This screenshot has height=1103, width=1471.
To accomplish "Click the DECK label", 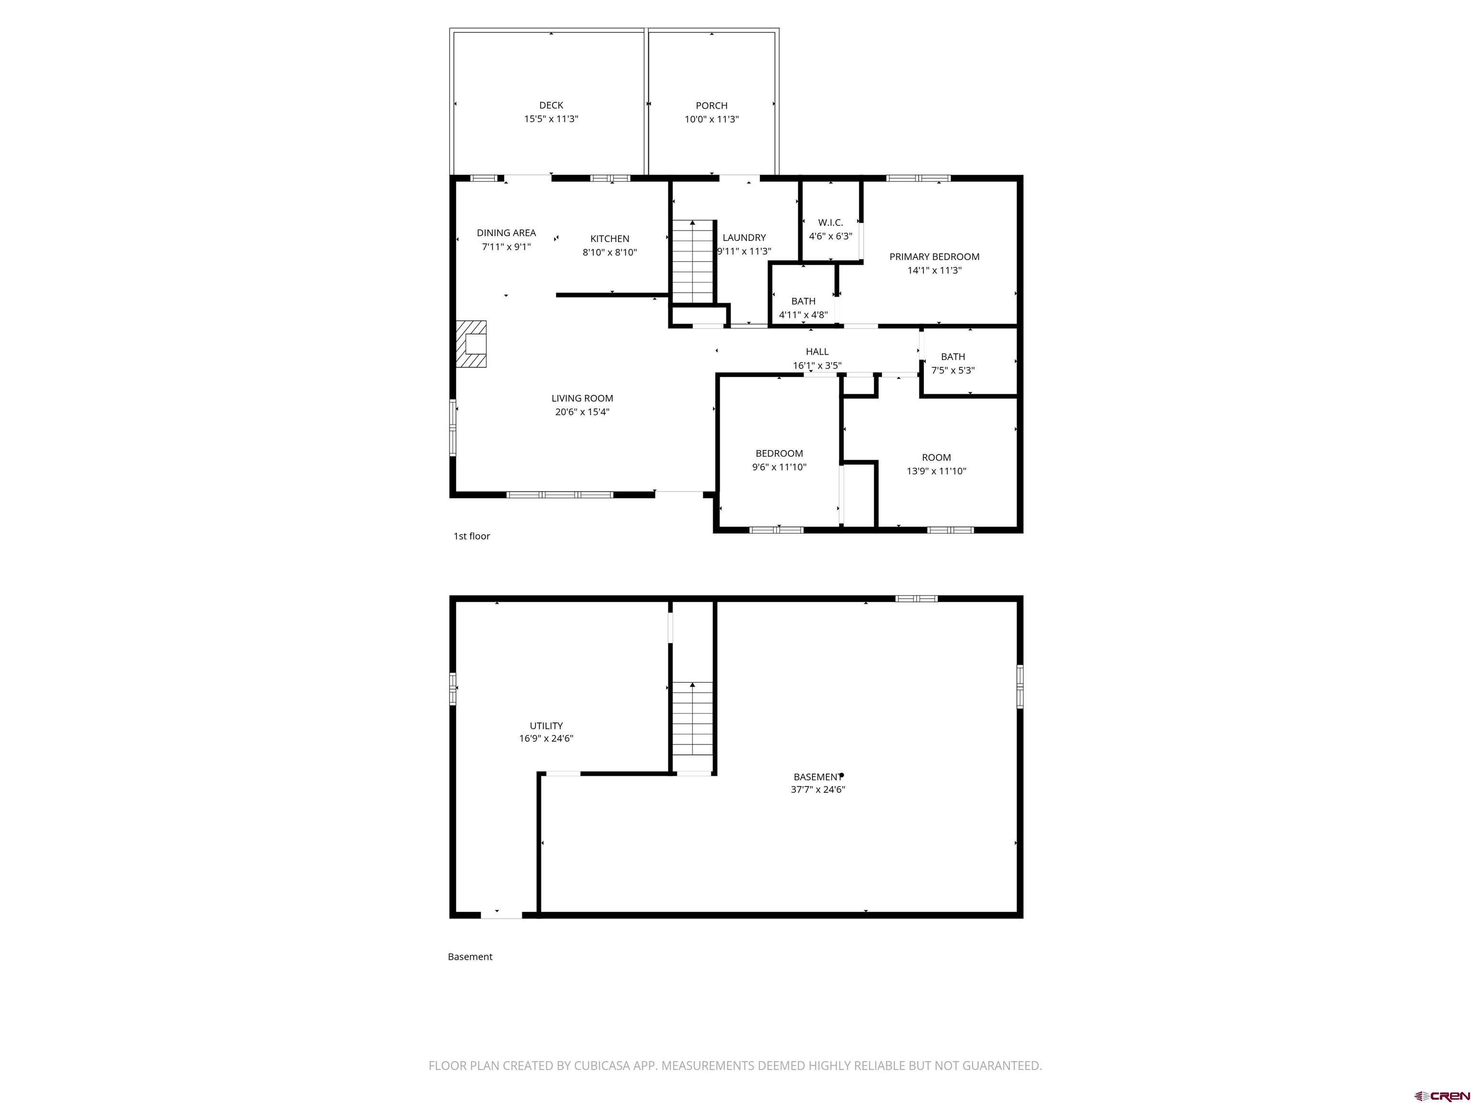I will (x=551, y=105).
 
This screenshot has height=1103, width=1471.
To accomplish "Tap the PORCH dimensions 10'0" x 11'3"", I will (x=712, y=120).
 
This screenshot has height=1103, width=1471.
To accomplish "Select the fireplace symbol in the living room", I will (x=472, y=344).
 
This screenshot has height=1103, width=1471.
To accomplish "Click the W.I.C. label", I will (x=830, y=223).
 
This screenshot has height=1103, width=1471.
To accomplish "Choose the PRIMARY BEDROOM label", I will (x=934, y=257).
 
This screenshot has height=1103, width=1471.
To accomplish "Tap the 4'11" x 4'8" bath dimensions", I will (x=803, y=315).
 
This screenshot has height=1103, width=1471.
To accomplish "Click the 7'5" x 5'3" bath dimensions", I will (x=952, y=371).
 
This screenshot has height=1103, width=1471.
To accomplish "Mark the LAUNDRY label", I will (x=744, y=237).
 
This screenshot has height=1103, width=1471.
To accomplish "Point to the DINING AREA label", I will (x=506, y=233).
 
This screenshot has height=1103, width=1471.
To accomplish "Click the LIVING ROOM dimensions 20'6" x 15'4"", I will (x=582, y=412).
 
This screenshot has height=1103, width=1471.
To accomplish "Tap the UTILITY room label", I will (x=546, y=725).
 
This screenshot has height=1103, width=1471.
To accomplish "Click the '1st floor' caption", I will (x=472, y=536).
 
